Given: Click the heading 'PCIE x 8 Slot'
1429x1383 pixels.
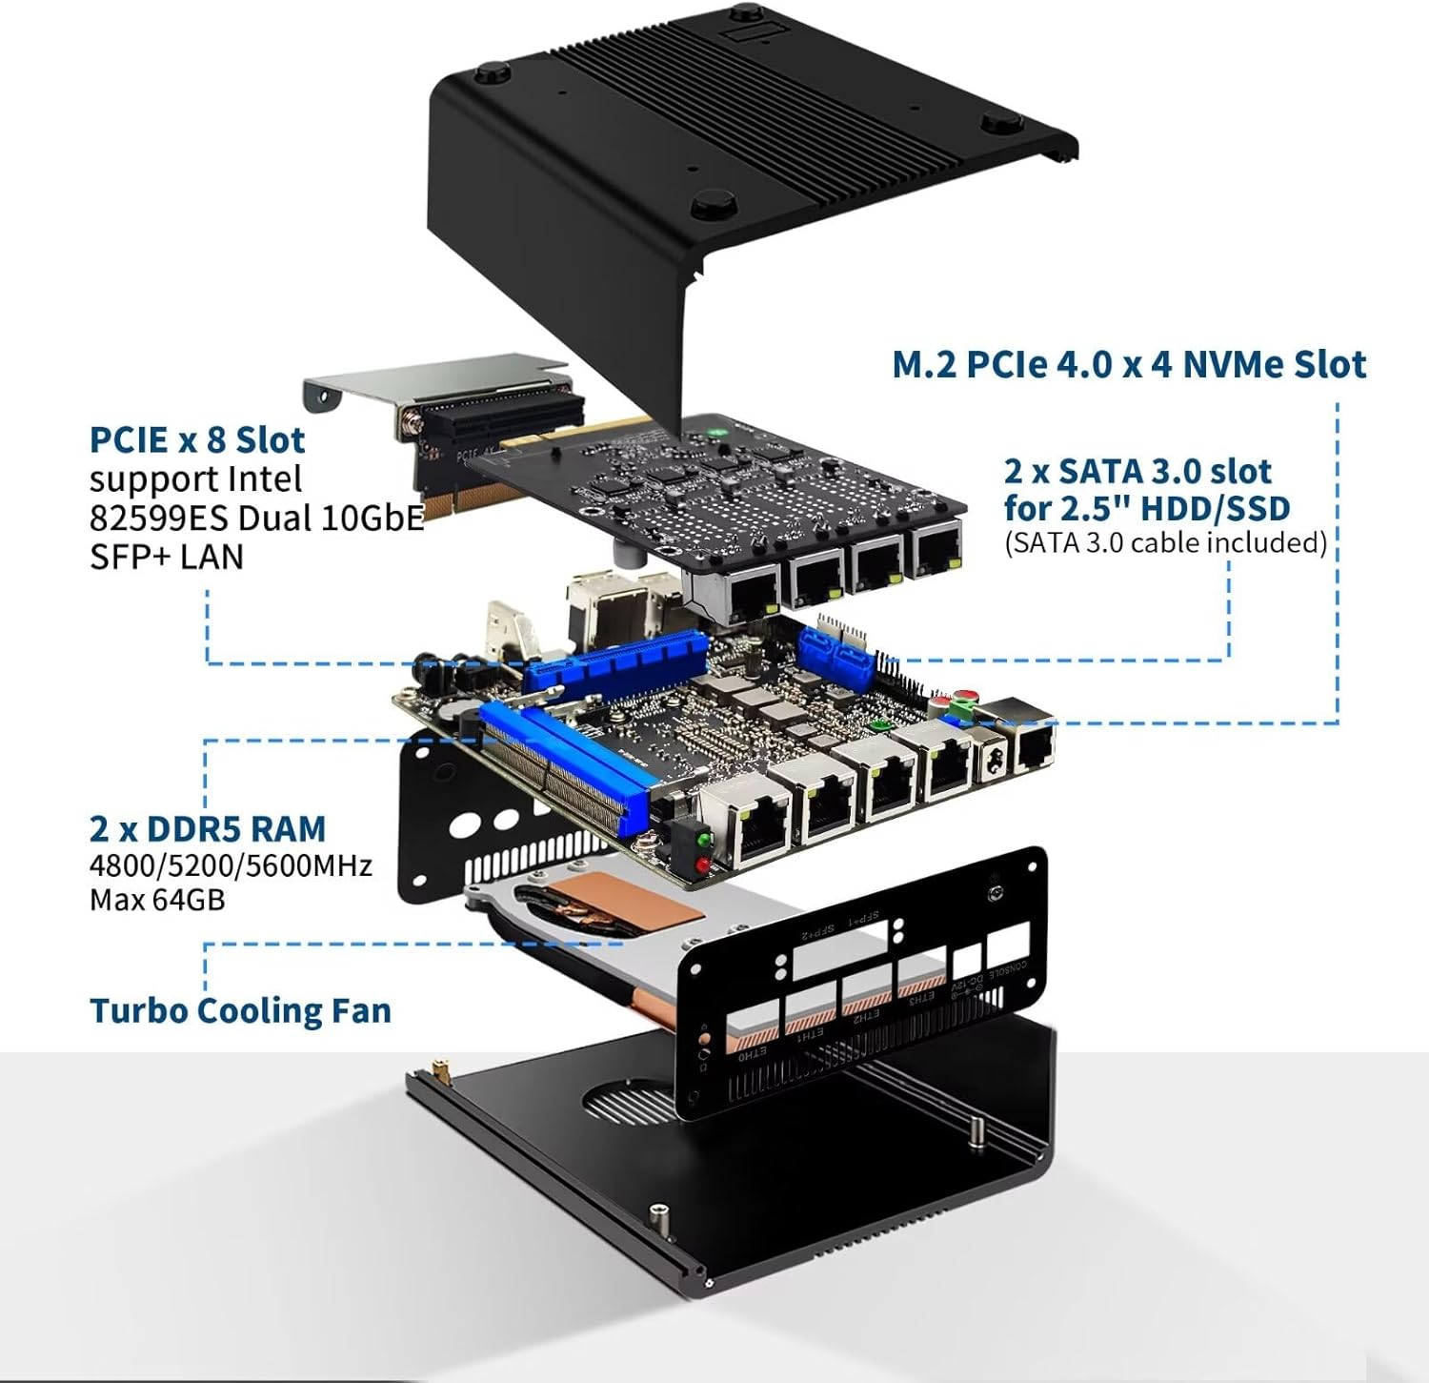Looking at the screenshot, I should tap(197, 439).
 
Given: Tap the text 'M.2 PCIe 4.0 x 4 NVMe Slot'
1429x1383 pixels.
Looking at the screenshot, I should tap(1128, 364).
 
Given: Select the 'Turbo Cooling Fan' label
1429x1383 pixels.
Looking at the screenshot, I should tap(240, 1010).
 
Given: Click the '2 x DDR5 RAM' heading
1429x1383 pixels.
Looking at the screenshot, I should tap(208, 828).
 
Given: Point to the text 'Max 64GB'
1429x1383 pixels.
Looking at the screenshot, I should tap(157, 900).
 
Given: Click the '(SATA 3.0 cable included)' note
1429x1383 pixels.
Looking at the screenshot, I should tap(1165, 542).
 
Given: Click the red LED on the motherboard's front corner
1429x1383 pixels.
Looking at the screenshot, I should tap(703, 864).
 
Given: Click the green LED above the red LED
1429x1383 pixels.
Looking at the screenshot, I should tap(703, 841).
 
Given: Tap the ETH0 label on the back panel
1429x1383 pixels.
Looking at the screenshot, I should tap(753, 1053).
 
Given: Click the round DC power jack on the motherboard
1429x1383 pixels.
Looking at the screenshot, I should tap(990, 758).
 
